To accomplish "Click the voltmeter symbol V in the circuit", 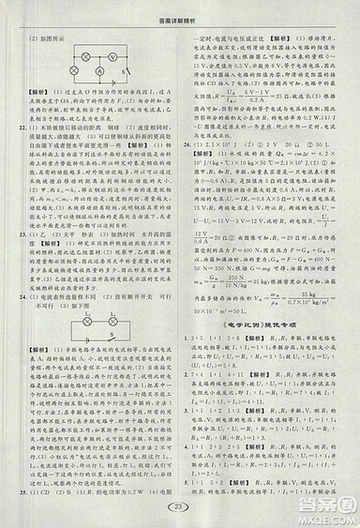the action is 112,55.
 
